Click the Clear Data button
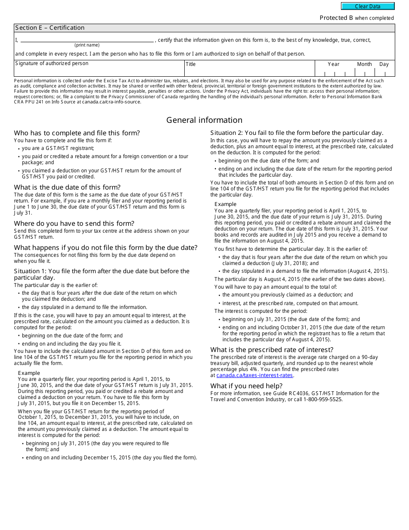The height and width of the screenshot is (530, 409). tap(368, 6)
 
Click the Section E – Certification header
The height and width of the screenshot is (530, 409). tap(50, 28)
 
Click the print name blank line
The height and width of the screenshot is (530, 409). tap(87, 40)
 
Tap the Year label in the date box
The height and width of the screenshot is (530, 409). tap(333, 64)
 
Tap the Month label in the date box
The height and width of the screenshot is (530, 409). tap(364, 64)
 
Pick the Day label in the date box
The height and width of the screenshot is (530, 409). tap(384, 64)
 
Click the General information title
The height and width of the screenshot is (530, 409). tap(204, 120)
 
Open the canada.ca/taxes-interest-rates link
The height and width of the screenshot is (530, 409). tap(254, 375)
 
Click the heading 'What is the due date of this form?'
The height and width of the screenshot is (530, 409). tap(67, 187)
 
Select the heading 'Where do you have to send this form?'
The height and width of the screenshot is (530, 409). tap(74, 224)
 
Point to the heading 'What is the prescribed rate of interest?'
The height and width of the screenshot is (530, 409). tap(272, 350)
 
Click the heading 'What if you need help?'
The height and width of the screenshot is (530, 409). tap(246, 386)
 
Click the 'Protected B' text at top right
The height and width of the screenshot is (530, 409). tap(336, 18)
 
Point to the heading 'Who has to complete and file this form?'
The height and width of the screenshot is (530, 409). tap(77, 133)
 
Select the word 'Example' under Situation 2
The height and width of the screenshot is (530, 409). tap(226, 204)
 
